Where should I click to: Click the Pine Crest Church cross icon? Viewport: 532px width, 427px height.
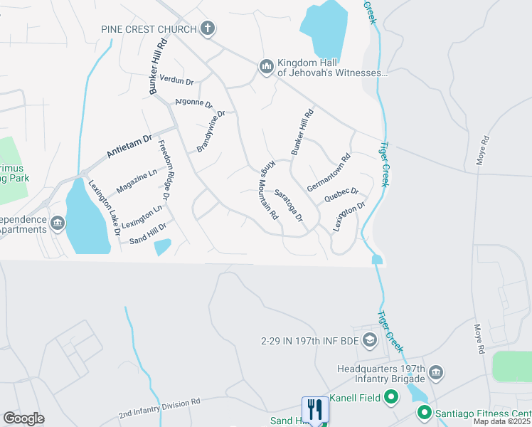(208, 29)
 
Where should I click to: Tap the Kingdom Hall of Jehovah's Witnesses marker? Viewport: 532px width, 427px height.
(266, 66)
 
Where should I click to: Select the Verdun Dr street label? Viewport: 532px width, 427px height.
(176, 79)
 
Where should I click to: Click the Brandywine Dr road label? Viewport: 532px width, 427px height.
(211, 131)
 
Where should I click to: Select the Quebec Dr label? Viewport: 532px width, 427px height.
(341, 195)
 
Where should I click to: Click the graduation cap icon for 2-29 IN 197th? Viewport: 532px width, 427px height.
(369, 341)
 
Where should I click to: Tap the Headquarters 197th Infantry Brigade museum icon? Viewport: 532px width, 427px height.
(436, 372)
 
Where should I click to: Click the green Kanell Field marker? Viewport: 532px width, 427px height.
(390, 397)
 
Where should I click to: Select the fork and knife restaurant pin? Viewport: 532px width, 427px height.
(315, 409)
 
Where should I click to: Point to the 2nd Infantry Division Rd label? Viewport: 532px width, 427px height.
(159, 407)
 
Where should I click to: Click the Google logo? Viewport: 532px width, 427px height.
(23, 418)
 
